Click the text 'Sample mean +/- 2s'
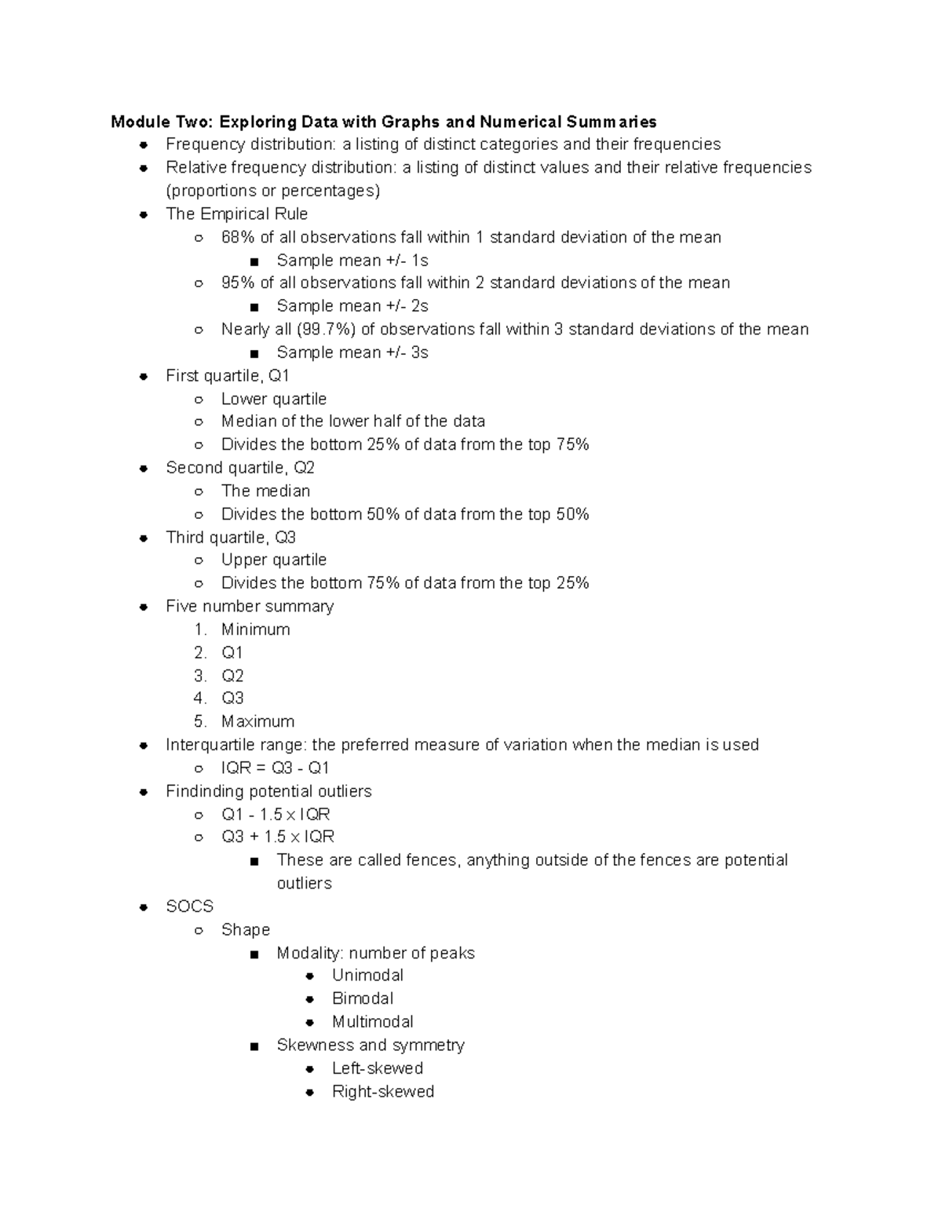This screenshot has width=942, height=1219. [352, 306]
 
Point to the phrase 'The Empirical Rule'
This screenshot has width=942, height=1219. [236, 214]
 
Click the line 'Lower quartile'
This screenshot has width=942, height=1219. [273, 399]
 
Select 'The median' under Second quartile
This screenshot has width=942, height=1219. [265, 491]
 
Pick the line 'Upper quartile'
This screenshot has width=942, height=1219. [273, 560]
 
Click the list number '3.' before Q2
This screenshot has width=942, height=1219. [200, 676]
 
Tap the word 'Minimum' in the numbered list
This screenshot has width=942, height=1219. [255, 630]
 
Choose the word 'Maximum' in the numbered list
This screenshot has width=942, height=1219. [257, 721]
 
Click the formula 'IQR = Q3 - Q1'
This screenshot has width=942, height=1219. [275, 768]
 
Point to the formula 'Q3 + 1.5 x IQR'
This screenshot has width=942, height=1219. [277, 837]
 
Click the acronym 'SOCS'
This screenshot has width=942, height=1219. [189, 907]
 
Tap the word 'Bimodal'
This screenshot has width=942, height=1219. [362, 998]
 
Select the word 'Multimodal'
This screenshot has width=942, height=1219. [372, 1022]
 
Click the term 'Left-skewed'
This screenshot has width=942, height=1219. [377, 1068]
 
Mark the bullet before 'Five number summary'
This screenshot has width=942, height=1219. [144, 607]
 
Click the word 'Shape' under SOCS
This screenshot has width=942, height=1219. [245, 929]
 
